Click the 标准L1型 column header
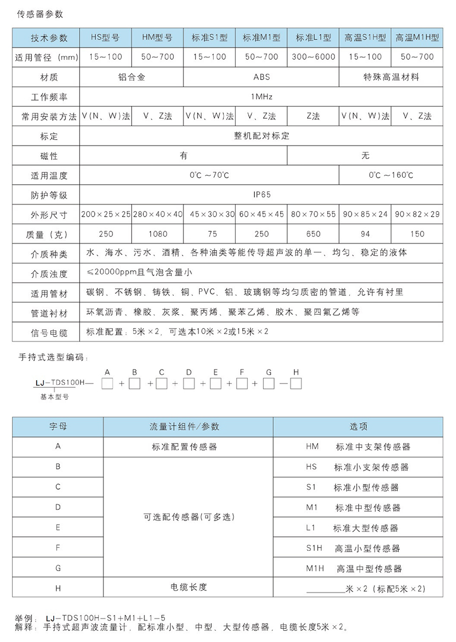(313, 38)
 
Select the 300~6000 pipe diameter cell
(313, 57)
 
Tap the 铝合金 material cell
(131, 77)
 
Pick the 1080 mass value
(157, 234)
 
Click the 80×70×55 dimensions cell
(313, 214)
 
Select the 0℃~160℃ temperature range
(391, 175)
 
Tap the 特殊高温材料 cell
(391, 77)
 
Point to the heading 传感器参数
(41, 14)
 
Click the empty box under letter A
(107, 384)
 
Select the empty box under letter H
(296, 384)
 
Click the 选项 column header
(358, 427)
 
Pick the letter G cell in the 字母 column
(58, 568)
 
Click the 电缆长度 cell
(188, 587)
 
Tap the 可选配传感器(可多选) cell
(188, 517)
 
